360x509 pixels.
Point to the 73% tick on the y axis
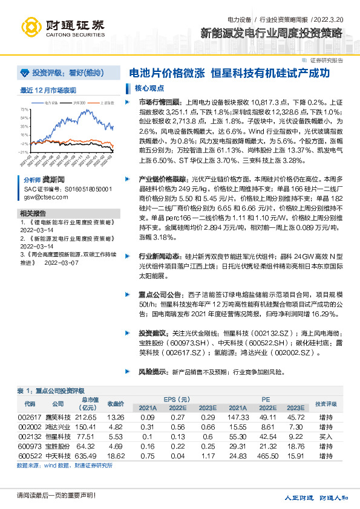pyautogui.click(x=24, y=109)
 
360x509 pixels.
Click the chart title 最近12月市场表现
pyautogui.click(x=48, y=90)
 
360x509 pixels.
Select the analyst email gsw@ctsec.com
pyautogui.click(x=41, y=197)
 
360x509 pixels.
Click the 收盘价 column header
pyautogui.click(x=116, y=403)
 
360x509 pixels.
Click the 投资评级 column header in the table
pyautogui.click(x=326, y=403)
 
